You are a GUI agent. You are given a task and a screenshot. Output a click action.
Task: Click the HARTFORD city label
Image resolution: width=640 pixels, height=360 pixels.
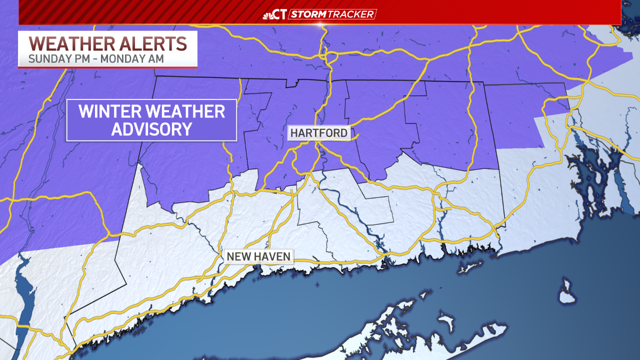pos(318,133)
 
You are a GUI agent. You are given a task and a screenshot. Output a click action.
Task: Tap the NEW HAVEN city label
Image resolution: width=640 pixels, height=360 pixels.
pos(258,256)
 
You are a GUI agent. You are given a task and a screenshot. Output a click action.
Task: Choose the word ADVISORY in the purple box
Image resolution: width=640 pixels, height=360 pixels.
pos(151,129)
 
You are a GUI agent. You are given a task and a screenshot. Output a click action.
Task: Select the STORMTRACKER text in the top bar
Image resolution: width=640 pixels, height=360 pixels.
pos(332,14)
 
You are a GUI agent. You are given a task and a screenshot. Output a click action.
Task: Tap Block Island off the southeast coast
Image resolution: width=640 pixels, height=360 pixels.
pos(566,293)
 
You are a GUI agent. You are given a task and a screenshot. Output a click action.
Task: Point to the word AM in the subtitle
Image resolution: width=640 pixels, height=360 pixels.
pos(155,58)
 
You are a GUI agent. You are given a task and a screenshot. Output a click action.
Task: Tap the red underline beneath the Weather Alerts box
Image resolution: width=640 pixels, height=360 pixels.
pos(108,67)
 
